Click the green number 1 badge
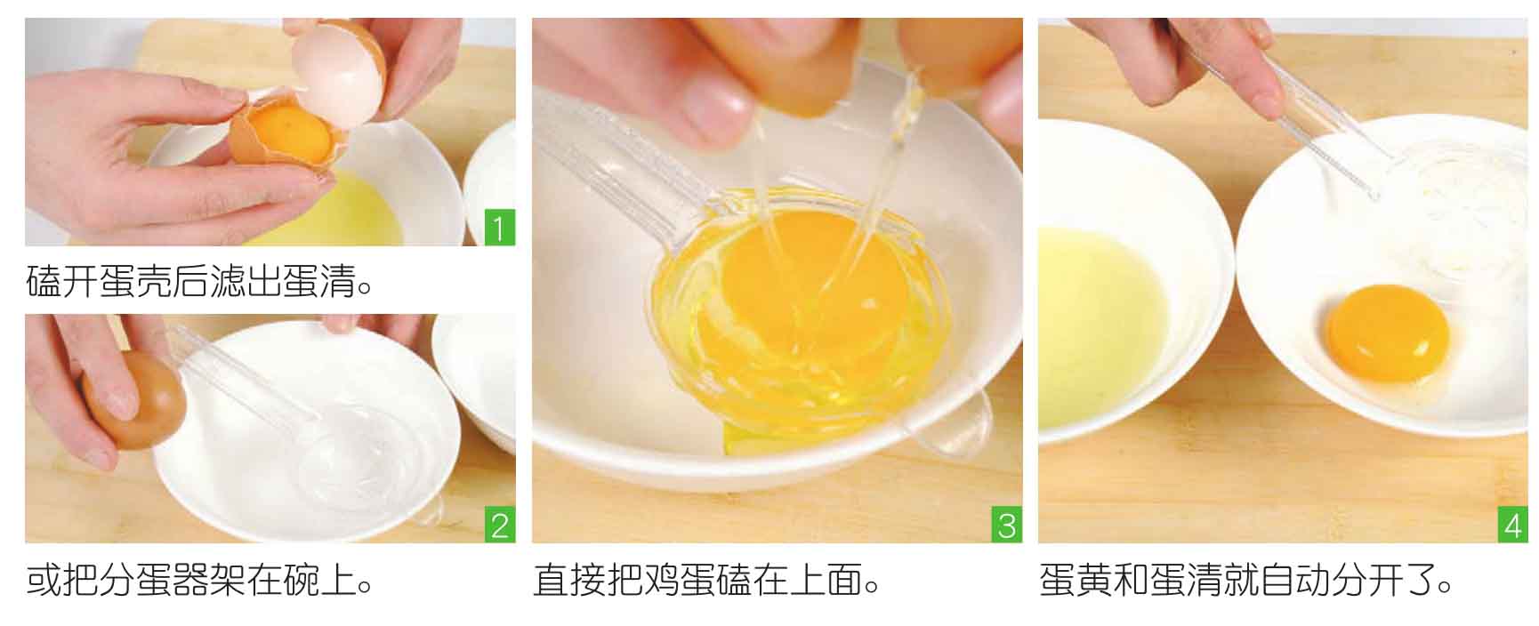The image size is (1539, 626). point(500,228)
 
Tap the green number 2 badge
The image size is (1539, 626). point(500,525)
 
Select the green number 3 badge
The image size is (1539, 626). point(1006,525)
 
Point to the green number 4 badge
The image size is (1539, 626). point(1512,525)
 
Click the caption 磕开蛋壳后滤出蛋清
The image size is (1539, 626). point(199,282)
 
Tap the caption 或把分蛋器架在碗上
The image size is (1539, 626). point(199,580)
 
